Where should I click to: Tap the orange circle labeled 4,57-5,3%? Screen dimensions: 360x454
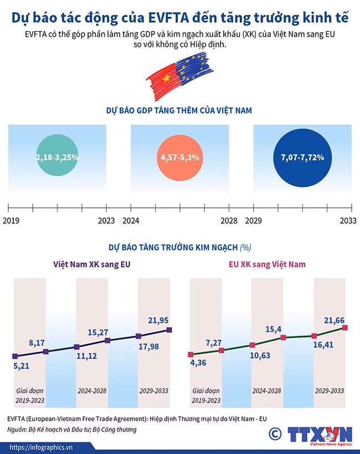pyautogui.click(x=180, y=158)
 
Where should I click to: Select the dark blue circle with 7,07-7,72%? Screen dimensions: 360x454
pyautogui.click(x=302, y=158)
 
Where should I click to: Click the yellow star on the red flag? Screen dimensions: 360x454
pyautogui.click(x=166, y=78)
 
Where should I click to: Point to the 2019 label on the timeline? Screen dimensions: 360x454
pyautogui.click(x=11, y=221)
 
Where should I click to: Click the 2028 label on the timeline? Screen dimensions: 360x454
pyautogui.click(x=229, y=221)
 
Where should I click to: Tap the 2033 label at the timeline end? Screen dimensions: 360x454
pyautogui.click(x=348, y=221)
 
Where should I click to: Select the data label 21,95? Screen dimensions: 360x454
pyautogui.click(x=158, y=320)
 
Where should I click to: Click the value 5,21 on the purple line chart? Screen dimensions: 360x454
pyautogui.click(x=22, y=366)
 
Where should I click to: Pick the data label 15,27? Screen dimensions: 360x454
pyautogui.click(x=98, y=332)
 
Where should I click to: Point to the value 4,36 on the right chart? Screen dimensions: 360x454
pyautogui.click(x=198, y=363)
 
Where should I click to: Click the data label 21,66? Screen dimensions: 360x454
pyautogui.click(x=334, y=320)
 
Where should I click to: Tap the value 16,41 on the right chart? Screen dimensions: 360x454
pyautogui.click(x=323, y=344)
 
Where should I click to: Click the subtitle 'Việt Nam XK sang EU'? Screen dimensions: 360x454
pyautogui.click(x=92, y=264)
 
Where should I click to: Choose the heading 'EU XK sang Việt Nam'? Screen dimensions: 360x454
pyautogui.click(x=267, y=264)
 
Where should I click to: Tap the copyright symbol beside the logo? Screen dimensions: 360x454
pyautogui.click(x=275, y=434)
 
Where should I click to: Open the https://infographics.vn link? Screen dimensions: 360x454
pyautogui.click(x=41, y=447)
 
